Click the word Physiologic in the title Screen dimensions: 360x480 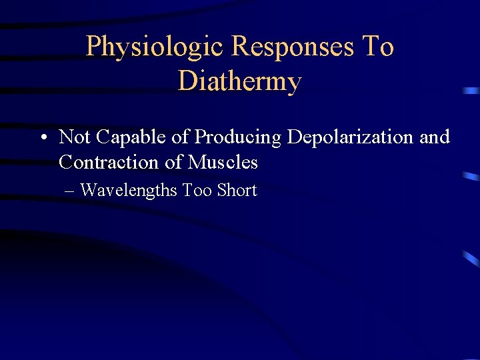(x=154, y=47)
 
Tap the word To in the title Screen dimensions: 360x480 (x=377, y=47)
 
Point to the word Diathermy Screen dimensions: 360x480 (x=240, y=81)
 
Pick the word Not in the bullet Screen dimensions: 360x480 (x=75, y=137)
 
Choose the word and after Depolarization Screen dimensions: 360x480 (x=435, y=137)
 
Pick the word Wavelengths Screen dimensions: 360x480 (x=129, y=191)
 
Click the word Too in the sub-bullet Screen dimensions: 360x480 (x=197, y=191)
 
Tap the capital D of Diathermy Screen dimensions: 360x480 (x=187, y=81)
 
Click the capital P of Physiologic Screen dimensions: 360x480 (x=94, y=47)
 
